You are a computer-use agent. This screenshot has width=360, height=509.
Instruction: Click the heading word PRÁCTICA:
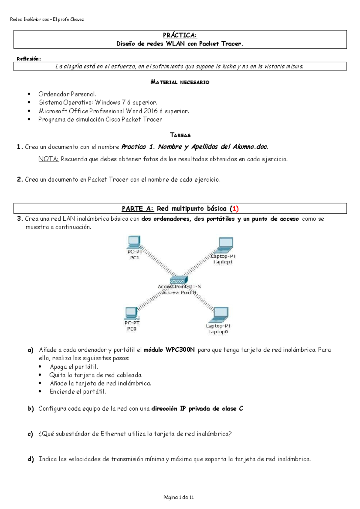pos(180,35)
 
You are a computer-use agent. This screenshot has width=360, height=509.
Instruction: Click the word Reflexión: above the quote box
pos(28,59)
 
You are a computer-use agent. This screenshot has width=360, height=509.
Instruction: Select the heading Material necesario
pos(180,82)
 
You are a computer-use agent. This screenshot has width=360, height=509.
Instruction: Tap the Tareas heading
pos(180,135)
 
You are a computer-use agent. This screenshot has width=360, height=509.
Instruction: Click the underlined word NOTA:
pos(49,159)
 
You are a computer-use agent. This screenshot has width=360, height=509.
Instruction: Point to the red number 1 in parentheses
pos(235,209)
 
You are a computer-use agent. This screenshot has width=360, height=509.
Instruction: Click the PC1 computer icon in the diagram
pos(134,242)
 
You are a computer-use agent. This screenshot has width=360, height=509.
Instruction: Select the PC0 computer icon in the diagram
pos(131,314)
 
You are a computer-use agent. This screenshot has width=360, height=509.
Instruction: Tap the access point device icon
pos(179,280)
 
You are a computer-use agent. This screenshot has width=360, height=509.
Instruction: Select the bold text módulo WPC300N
pos(169,350)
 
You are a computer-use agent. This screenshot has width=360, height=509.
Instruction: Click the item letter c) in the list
pos(30,434)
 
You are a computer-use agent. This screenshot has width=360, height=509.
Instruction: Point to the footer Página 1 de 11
pos(178,497)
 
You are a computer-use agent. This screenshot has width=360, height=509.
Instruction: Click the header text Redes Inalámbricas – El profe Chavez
pos(47,19)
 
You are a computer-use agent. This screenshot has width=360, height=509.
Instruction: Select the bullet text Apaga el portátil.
pos(74,367)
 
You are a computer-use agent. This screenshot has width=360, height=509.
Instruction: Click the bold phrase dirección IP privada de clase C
pos(197,409)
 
